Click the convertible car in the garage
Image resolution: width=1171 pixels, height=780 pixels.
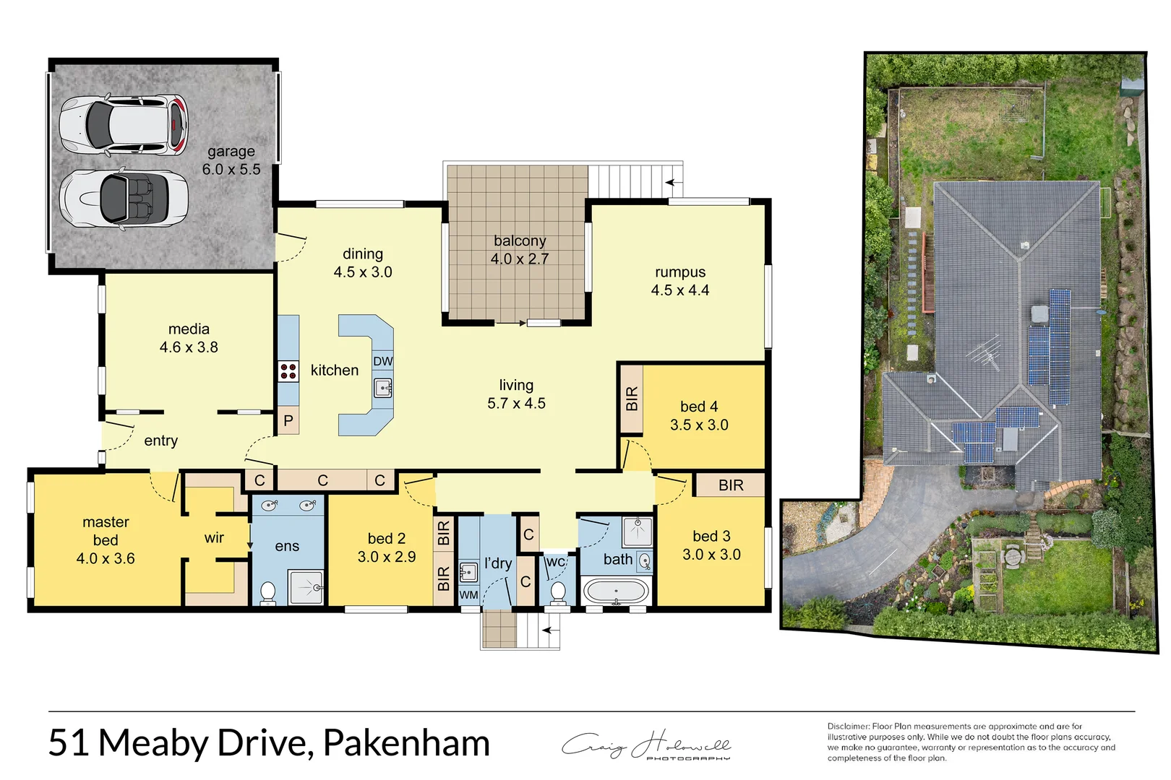click(124, 199)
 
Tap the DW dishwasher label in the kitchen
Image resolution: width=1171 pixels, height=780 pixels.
click(383, 361)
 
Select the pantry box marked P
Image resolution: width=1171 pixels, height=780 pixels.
click(288, 421)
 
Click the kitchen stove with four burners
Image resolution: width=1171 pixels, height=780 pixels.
click(288, 372)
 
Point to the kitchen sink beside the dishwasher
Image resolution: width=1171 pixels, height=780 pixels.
click(383, 389)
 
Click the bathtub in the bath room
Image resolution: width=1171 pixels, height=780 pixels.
click(616, 591)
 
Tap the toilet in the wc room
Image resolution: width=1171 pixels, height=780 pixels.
click(557, 592)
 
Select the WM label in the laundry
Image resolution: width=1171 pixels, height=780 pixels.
click(468, 595)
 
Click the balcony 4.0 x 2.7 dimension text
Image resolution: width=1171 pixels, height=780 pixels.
click(520, 259)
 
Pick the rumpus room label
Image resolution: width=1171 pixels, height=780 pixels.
click(680, 272)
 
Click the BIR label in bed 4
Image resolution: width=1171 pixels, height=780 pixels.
click(632, 399)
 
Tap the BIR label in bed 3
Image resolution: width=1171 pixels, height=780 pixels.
click(731, 485)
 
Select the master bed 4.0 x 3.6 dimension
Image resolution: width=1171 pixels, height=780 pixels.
click(106, 558)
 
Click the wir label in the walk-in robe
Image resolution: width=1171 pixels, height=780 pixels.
click(214, 538)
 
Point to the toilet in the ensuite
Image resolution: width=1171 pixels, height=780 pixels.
click(267, 592)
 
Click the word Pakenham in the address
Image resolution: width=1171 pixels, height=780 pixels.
click(406, 742)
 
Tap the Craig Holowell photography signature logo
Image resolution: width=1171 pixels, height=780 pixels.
click(646, 745)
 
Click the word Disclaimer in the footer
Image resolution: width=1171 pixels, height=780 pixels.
click(848, 727)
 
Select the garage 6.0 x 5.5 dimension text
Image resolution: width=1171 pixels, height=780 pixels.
click(231, 170)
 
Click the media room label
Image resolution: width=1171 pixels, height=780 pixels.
click(189, 329)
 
